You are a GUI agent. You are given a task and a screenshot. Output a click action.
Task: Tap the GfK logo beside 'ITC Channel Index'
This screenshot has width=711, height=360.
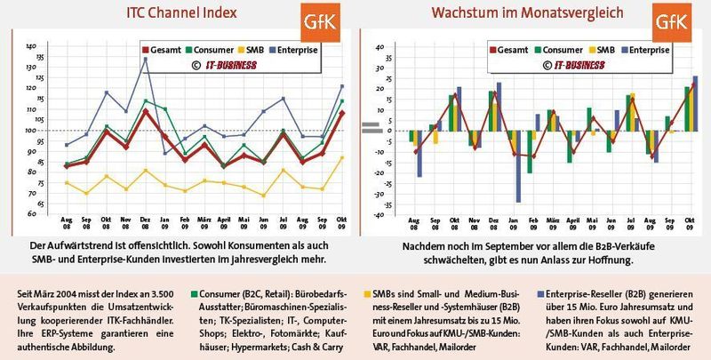319,24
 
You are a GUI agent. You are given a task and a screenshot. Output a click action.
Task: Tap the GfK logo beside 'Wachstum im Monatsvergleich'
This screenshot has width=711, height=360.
670,24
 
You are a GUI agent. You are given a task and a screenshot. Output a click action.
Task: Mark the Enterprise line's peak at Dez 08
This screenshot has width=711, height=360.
146,59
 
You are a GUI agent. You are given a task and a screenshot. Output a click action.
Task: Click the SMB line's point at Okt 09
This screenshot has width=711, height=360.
342,157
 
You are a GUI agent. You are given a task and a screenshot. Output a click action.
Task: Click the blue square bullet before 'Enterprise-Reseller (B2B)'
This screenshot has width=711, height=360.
542,292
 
